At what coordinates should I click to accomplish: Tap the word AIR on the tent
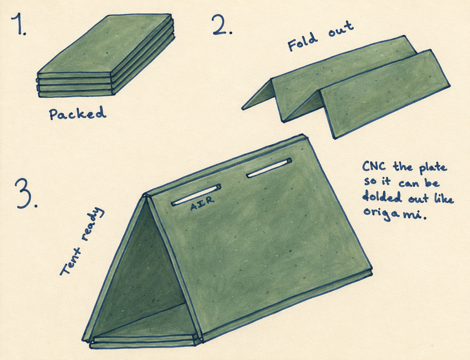click(202, 203)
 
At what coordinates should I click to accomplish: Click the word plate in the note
click(433, 169)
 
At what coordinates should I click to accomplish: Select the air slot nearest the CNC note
click(269, 168)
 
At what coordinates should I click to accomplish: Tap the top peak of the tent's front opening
click(146, 195)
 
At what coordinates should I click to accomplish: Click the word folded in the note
click(381, 197)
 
